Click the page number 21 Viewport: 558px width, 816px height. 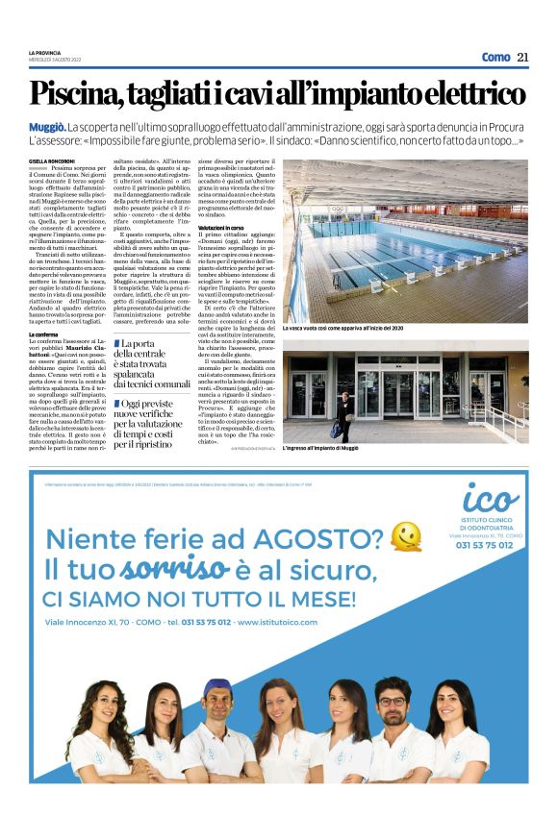[x=522, y=57]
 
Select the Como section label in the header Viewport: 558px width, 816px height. [x=495, y=57]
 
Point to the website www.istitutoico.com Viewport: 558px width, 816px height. [x=289, y=622]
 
